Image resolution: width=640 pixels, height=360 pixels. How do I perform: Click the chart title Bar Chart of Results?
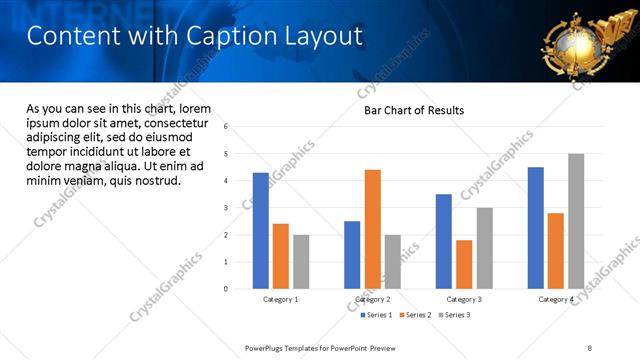pyautogui.click(x=413, y=110)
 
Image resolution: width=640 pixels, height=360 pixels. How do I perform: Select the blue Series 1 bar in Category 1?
pyautogui.click(x=260, y=231)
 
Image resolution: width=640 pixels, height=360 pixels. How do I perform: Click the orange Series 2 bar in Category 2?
pyautogui.click(x=372, y=229)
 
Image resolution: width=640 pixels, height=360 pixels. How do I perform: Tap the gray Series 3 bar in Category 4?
pyautogui.click(x=576, y=221)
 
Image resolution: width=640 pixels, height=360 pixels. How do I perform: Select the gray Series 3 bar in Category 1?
pyautogui.click(x=301, y=262)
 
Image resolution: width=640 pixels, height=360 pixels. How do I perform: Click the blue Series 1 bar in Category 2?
pyautogui.click(x=352, y=255)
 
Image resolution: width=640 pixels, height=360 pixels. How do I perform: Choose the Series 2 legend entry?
pyautogui.click(x=418, y=315)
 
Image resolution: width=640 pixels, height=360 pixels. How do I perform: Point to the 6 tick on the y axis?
pyautogui.click(x=227, y=127)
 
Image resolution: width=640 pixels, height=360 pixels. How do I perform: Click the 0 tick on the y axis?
pyautogui.click(x=227, y=289)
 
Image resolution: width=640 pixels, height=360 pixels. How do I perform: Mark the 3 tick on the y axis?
pyautogui.click(x=227, y=208)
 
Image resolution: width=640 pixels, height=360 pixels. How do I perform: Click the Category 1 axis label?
pyautogui.click(x=281, y=299)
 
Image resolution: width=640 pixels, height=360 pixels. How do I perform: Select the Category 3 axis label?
pyautogui.click(x=464, y=299)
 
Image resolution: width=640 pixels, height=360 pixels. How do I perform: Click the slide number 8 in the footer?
pyautogui.click(x=590, y=347)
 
